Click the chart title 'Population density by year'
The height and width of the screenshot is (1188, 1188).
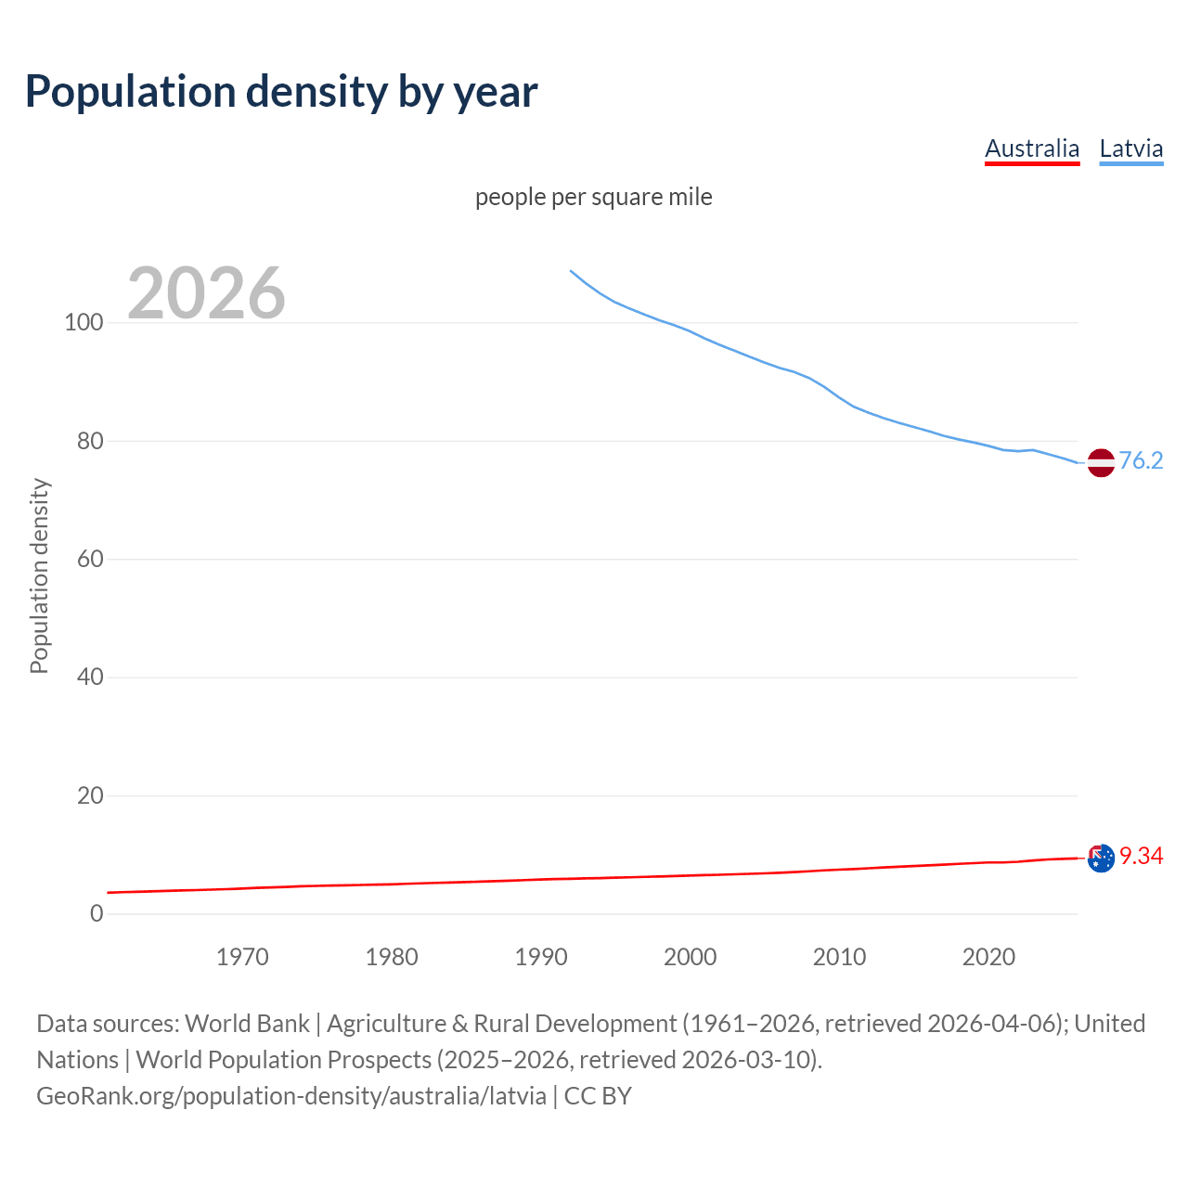[x=281, y=92]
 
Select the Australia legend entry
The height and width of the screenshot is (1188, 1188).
[x=1032, y=148]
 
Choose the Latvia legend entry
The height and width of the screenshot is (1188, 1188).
[x=1130, y=148]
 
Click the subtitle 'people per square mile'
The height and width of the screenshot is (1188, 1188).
[x=593, y=197]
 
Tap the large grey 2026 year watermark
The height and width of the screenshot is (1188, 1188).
[x=206, y=293]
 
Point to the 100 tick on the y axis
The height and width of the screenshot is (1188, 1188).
[x=84, y=323]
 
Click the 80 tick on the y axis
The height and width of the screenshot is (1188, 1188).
[x=89, y=441]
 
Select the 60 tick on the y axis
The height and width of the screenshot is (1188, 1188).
[x=89, y=560]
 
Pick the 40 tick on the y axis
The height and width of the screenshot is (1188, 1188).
[x=89, y=678]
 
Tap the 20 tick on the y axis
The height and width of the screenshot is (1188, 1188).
[x=89, y=795]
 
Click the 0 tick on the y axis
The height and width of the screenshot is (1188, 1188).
[x=96, y=914]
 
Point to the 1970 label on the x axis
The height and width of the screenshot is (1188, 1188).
[x=242, y=957]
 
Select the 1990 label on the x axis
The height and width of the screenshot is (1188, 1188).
[x=541, y=957]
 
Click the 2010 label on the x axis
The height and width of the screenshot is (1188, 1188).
[x=839, y=957]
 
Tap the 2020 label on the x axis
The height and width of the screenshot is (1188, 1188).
[x=988, y=957]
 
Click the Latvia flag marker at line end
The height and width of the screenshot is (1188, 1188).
[x=1100, y=462]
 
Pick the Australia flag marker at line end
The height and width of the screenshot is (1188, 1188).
[x=1100, y=859]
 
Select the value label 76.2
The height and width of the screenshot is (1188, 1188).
[x=1141, y=461]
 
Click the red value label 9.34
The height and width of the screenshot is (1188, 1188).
[x=1141, y=856]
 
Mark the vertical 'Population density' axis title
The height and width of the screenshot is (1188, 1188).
[x=39, y=575]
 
